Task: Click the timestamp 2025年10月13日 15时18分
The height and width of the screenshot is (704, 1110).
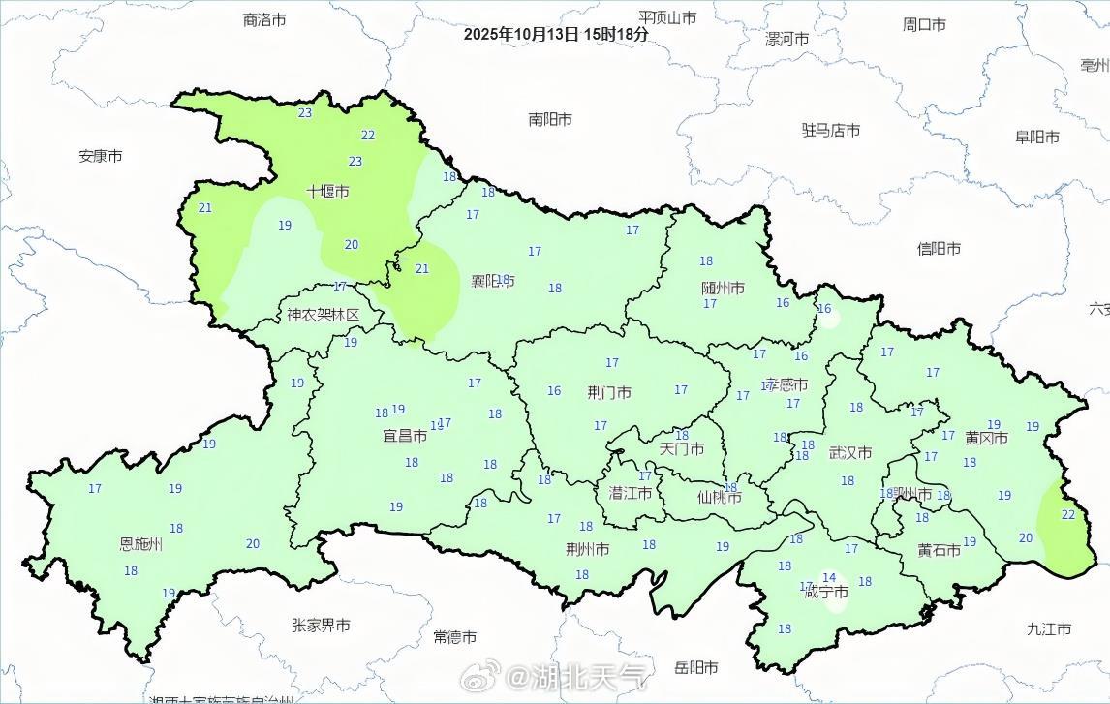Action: tap(555, 34)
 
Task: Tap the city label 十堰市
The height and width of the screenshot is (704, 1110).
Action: tap(327, 192)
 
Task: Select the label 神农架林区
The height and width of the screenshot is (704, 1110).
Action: tap(323, 315)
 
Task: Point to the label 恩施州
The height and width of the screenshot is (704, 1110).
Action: tap(140, 544)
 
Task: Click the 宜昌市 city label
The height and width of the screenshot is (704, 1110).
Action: tap(405, 437)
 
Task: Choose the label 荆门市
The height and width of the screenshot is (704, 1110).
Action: tap(609, 393)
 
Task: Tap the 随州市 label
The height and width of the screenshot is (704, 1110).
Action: tap(723, 289)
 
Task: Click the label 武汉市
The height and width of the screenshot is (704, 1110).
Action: tap(850, 452)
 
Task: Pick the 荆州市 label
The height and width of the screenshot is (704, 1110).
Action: tap(588, 550)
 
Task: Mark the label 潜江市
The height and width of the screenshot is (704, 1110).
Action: tap(630, 493)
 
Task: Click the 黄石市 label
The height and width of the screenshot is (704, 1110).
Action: tap(939, 550)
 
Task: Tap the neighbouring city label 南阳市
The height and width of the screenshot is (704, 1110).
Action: tap(550, 119)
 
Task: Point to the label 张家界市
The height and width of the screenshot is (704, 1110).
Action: tap(321, 626)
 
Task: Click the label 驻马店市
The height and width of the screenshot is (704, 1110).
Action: tap(830, 130)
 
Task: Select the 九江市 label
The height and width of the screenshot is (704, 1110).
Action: tap(1049, 629)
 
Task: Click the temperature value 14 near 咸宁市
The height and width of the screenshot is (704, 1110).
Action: tap(829, 578)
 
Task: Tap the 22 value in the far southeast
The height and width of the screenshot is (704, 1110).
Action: tap(1067, 514)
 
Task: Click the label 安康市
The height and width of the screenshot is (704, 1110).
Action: tap(101, 155)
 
